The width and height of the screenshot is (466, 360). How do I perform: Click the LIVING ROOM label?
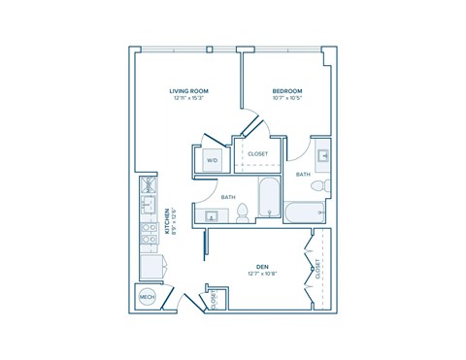(189, 90)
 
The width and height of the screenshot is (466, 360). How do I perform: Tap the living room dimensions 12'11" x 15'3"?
(189, 98)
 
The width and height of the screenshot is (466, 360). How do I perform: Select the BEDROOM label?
(287, 90)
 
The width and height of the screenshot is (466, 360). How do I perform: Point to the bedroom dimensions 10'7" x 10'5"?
(287, 98)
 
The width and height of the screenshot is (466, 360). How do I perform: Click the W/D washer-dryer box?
(212, 160)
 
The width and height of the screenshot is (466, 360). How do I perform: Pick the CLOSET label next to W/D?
(258, 153)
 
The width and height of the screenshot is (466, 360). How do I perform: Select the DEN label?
(262, 266)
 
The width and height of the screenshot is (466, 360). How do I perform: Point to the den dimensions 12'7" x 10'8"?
(262, 274)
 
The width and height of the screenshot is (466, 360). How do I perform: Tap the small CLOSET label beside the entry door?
(214, 300)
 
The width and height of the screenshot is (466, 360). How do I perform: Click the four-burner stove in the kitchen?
(150, 235)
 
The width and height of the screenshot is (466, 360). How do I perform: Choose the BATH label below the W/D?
(228, 197)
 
